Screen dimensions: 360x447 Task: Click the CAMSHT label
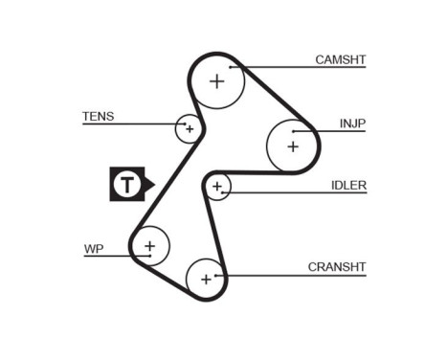coord(341,59)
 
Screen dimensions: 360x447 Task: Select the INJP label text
coord(353,124)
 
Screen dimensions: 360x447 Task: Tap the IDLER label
coord(348,185)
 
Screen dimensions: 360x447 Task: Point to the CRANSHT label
coord(337,266)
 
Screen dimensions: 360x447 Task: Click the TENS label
coord(98,117)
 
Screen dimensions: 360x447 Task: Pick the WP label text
coord(93,249)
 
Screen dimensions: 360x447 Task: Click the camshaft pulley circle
coord(218,82)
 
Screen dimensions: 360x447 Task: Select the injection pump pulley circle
coord(292,144)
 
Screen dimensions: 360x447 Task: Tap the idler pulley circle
coord(218,186)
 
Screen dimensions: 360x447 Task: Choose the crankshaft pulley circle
coord(206,279)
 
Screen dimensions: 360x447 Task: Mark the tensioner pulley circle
coord(189,127)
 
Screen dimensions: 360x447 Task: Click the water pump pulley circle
coord(149,247)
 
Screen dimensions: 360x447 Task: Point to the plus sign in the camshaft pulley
coord(217,81)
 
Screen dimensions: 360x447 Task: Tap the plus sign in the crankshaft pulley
coord(205,280)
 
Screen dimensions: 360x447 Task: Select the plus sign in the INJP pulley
coord(293,146)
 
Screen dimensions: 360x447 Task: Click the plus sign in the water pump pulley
coord(148,247)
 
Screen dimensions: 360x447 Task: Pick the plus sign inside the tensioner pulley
coord(189,127)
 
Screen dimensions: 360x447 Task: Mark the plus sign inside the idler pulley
coord(218,186)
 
